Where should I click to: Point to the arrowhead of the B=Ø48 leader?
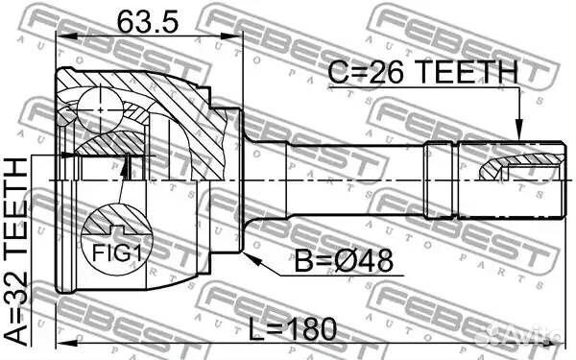pyautogui.click(x=249, y=257)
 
